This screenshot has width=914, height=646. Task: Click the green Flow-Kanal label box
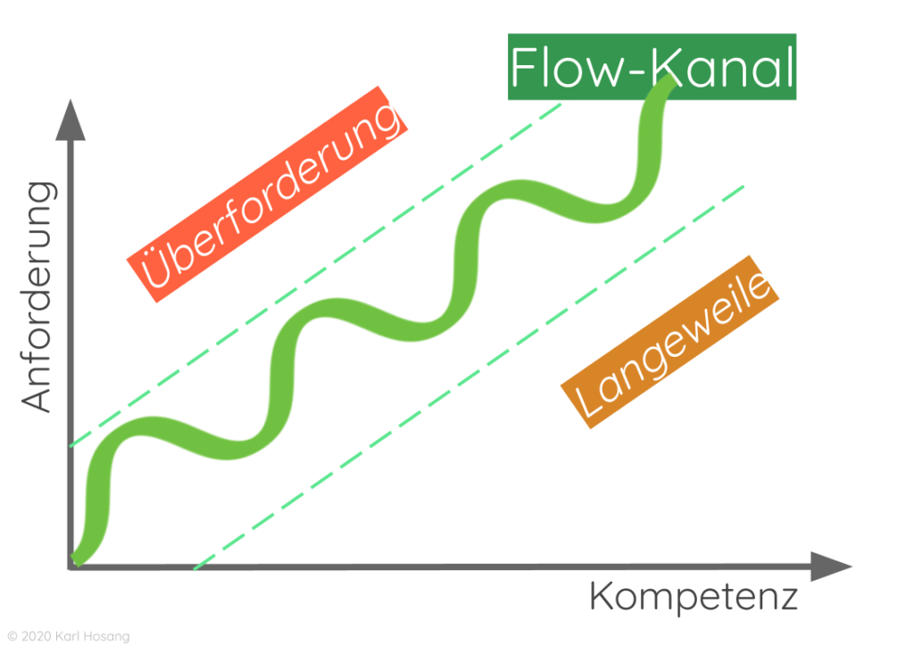(x=652, y=67)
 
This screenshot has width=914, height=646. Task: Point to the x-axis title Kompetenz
(x=693, y=596)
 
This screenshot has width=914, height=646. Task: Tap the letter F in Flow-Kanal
(x=527, y=67)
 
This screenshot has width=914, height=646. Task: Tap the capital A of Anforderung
(x=37, y=396)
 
